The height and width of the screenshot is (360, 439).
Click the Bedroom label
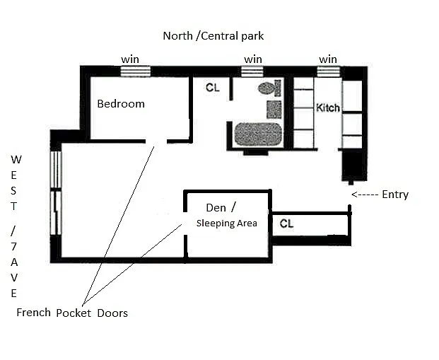pos(121,104)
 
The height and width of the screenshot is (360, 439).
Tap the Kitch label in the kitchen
pos(328,108)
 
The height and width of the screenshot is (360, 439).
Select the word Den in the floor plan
pos(216,208)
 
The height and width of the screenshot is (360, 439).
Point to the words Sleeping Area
pos(226,223)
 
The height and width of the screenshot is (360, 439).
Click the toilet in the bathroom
pos(269,88)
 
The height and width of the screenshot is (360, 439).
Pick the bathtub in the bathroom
pos(258,134)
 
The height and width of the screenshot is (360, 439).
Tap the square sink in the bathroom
pos(274,109)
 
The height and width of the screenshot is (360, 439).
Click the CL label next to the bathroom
pos(213,88)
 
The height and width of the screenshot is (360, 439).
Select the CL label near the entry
pos(286,223)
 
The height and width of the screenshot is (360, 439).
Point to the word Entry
pos(395,194)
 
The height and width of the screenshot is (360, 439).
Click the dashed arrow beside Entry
pos(365,194)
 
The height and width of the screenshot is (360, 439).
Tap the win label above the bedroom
pos(130,59)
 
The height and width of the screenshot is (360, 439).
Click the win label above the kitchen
pos(328,59)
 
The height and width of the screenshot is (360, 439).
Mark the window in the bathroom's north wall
pos(252,71)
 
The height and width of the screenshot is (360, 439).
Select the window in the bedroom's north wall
pos(136,71)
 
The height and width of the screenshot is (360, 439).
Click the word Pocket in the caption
pos(74,313)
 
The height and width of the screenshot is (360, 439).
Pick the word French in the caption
pos(34,313)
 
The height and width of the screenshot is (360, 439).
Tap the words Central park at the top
pos(233,36)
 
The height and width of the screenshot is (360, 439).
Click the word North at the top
pos(177,36)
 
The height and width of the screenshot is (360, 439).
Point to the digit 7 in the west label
pos(13,247)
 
